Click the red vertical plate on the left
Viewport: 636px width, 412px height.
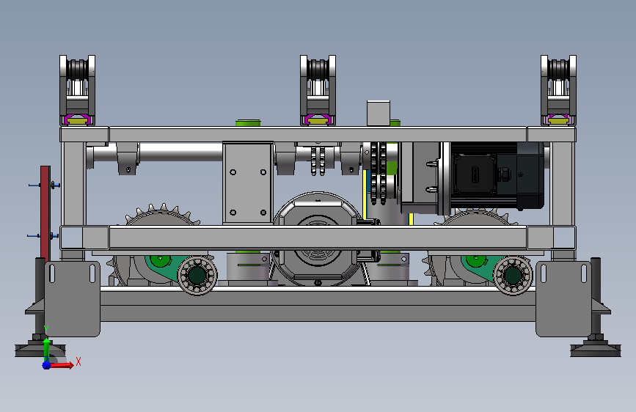coord(45,213)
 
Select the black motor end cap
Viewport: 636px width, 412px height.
coord(530,176)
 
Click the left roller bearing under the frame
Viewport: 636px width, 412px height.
coord(197,276)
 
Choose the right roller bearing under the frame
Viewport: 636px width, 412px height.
coord(513,276)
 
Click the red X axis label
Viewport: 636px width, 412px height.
coord(78,361)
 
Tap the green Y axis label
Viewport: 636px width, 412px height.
coord(46,329)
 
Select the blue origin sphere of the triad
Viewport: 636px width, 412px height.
coord(47,365)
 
